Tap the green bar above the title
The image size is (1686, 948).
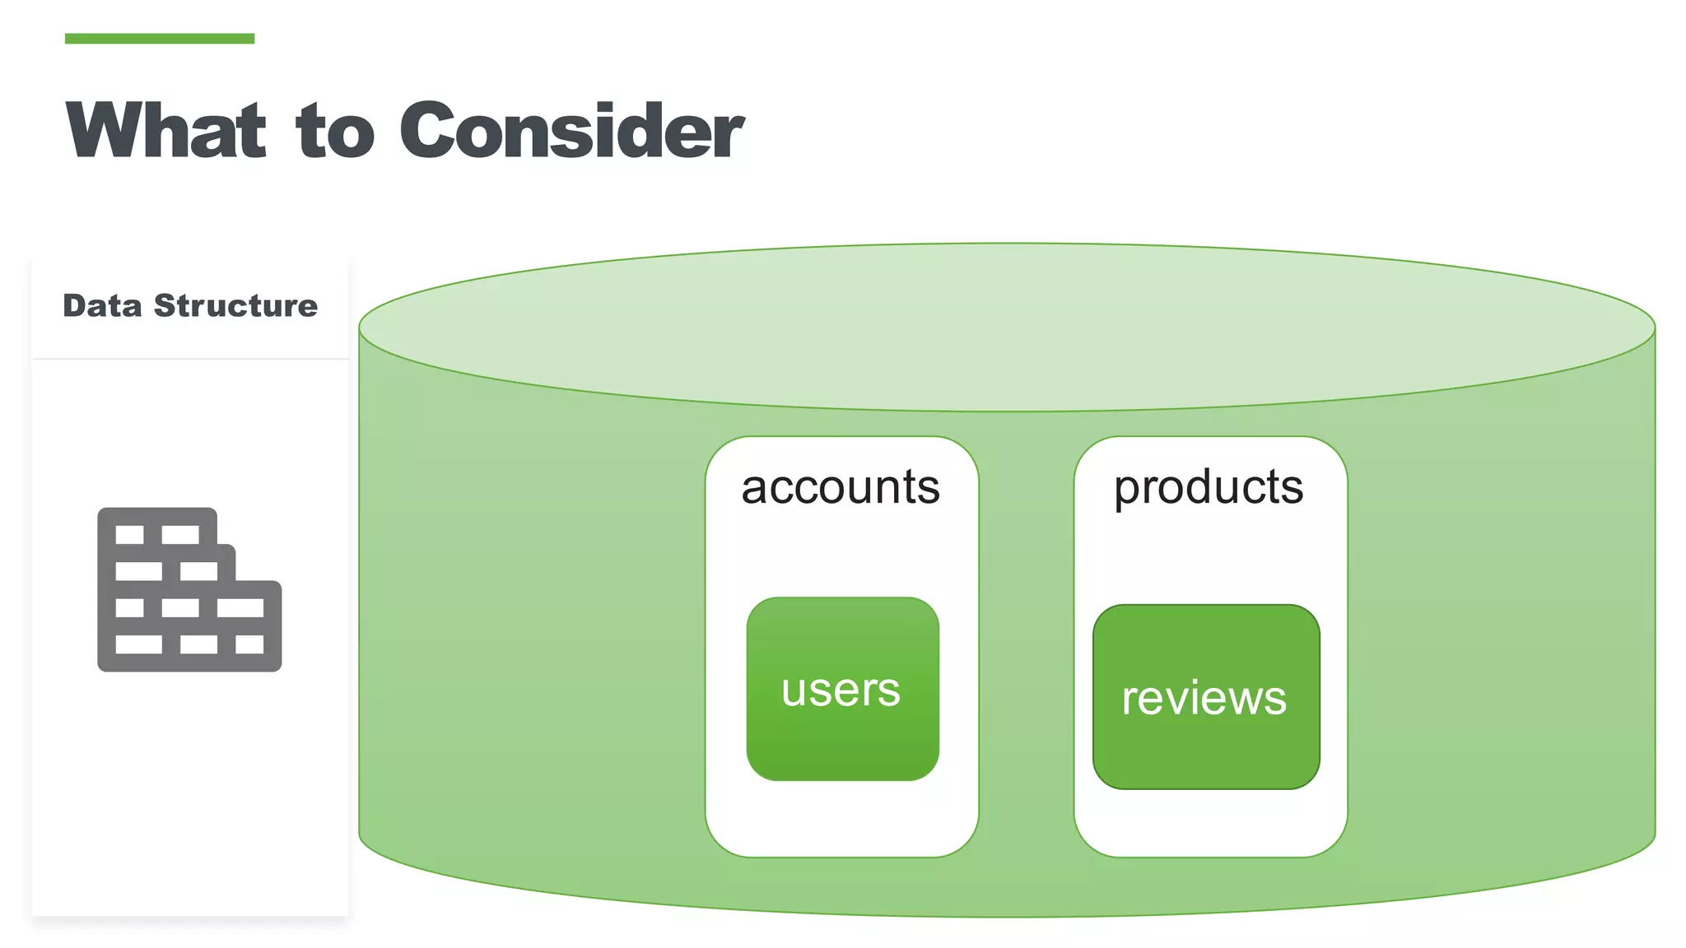(160, 39)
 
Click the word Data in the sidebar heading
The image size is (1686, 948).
(102, 305)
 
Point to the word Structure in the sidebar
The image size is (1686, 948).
(235, 305)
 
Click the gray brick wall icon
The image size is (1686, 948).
(189, 589)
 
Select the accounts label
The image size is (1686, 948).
(841, 487)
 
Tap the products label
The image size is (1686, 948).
(1209, 489)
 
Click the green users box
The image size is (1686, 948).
(842, 689)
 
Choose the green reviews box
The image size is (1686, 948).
(1205, 697)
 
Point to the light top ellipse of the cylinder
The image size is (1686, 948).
(1006, 327)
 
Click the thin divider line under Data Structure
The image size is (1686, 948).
(190, 359)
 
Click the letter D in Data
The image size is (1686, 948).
(74, 305)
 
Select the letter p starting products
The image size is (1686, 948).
(1125, 490)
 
